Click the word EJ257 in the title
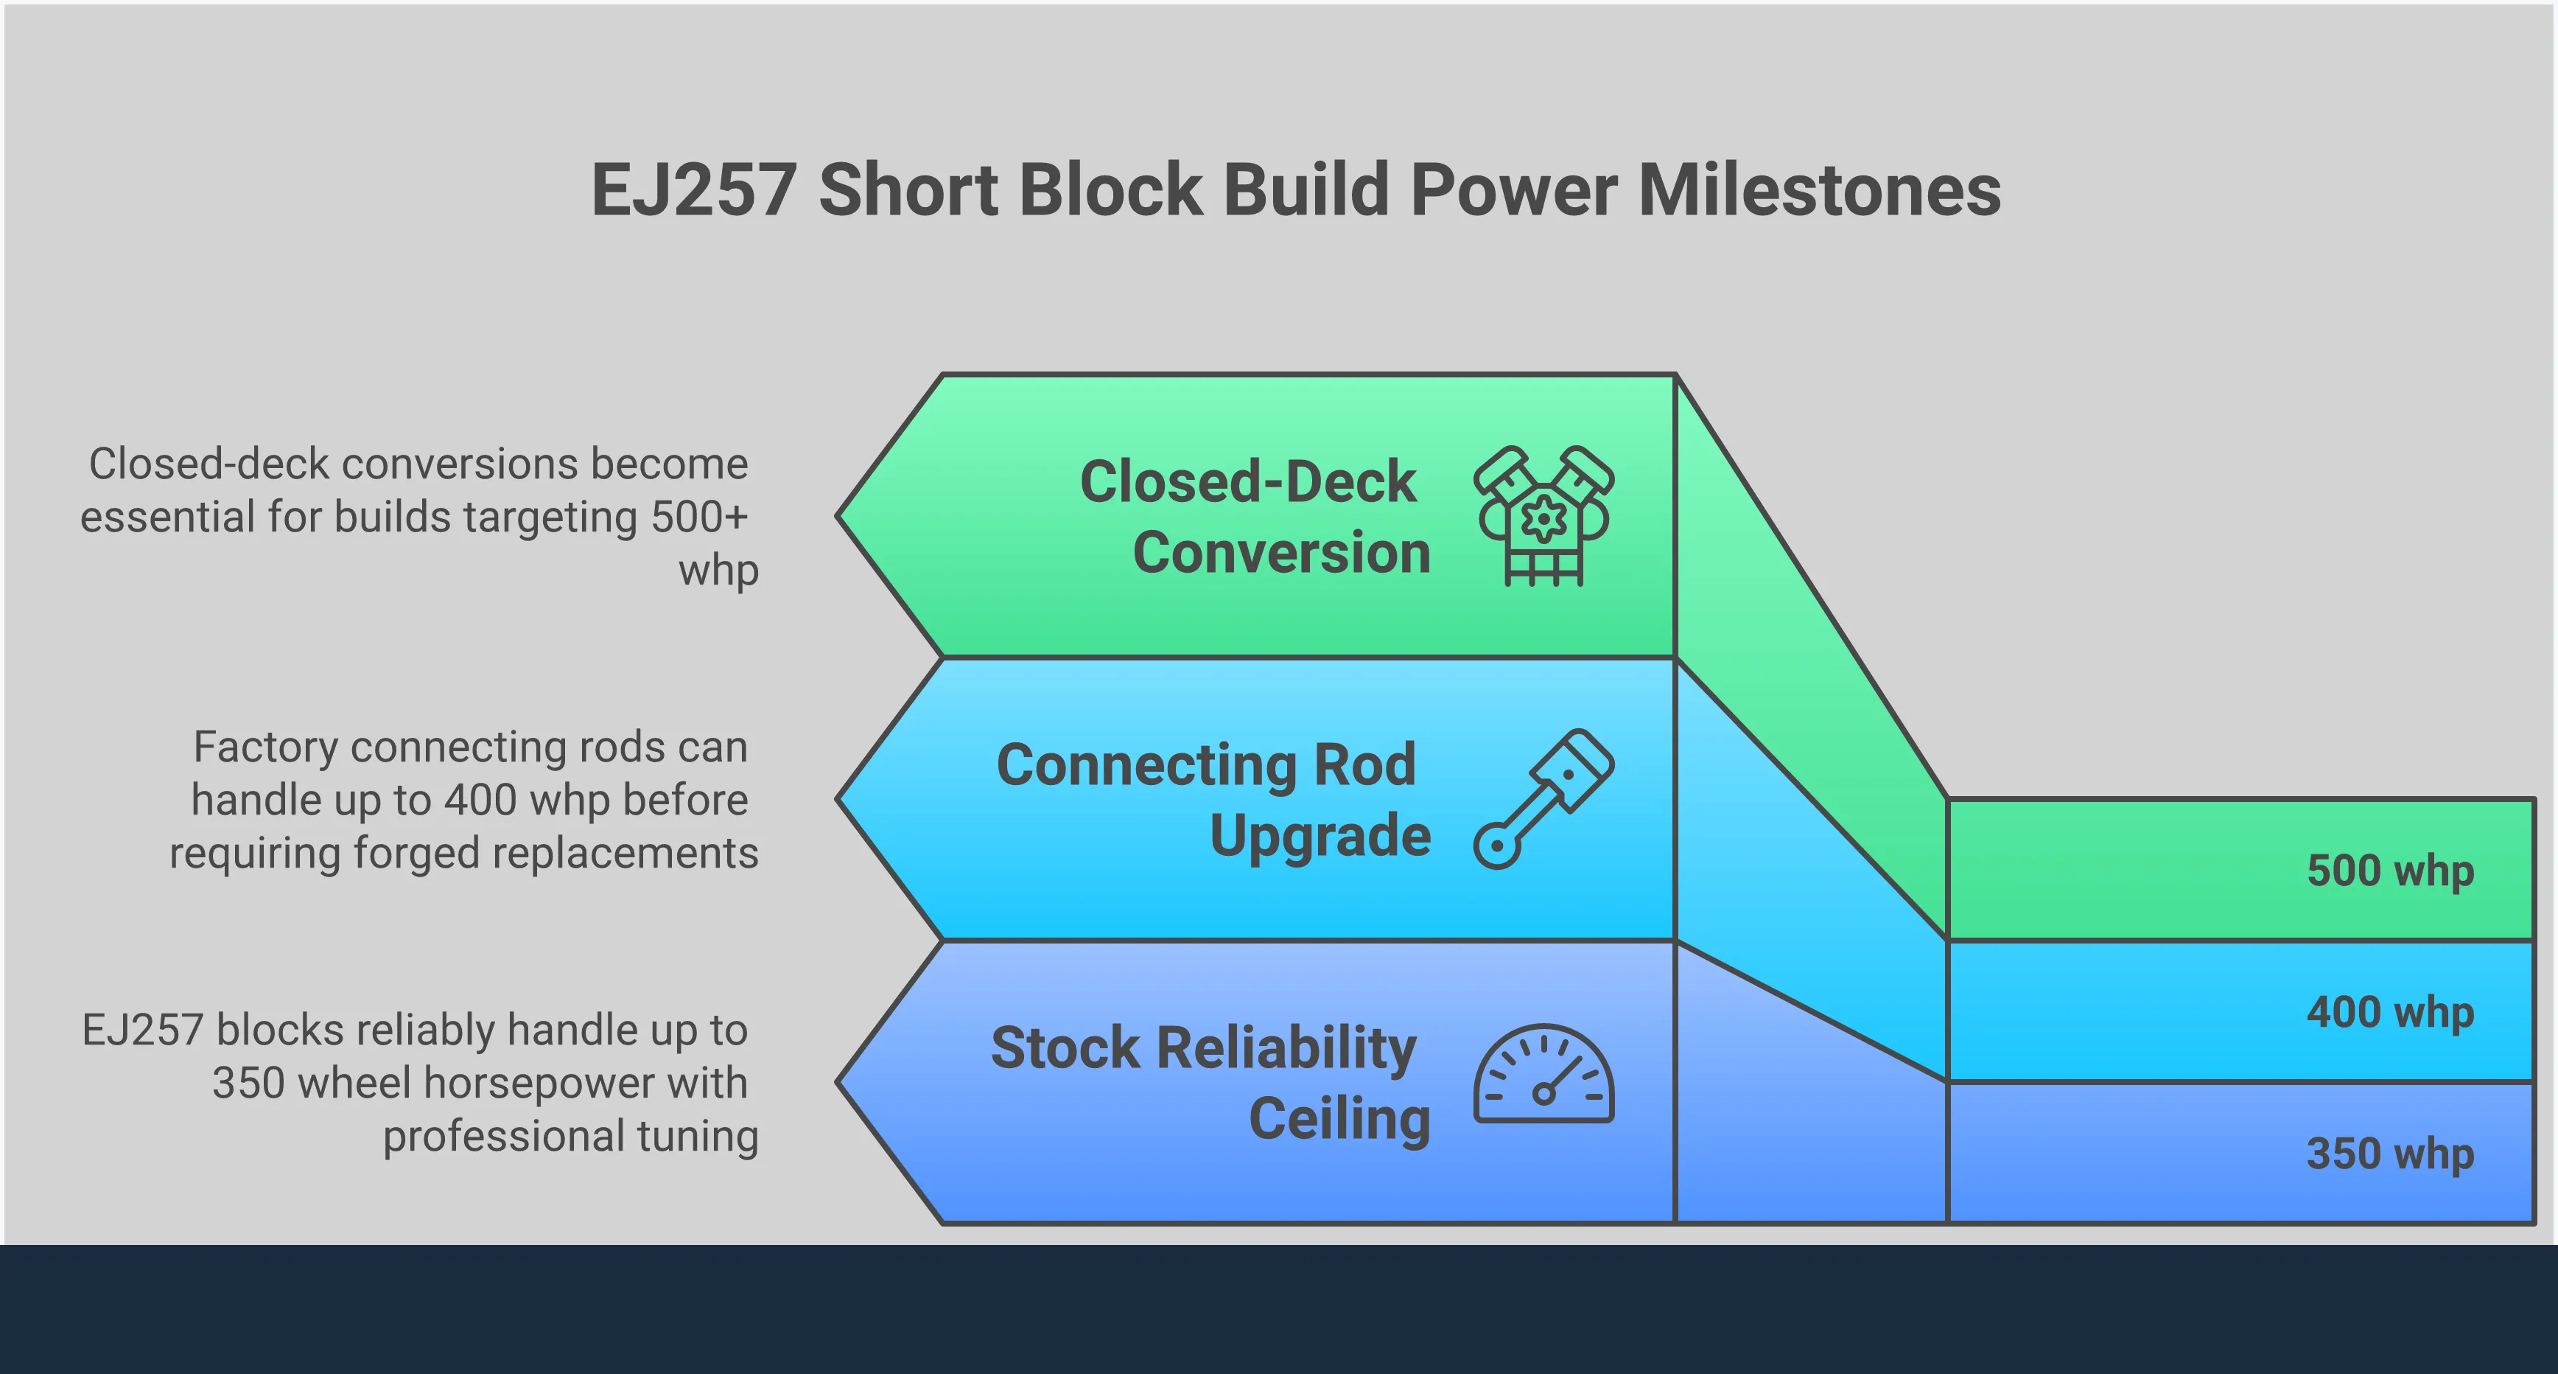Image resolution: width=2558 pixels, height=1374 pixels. (x=693, y=191)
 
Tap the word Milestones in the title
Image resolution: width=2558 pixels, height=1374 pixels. (x=1819, y=191)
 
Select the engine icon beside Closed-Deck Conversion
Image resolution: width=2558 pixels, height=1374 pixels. (x=1543, y=516)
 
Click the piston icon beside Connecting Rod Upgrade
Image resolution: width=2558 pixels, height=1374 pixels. (x=1543, y=799)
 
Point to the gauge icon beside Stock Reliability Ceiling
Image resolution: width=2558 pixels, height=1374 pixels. (x=1543, y=1075)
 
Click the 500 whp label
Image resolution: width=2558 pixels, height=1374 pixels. (x=2389, y=871)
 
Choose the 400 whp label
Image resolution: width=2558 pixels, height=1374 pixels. (x=2389, y=1012)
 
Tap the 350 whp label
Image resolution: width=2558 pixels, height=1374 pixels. (x=2389, y=1154)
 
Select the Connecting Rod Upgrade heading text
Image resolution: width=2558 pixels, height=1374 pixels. (x=1213, y=800)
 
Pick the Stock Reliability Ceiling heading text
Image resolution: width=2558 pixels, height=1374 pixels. (x=1210, y=1083)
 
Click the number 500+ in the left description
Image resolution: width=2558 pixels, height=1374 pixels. (x=698, y=517)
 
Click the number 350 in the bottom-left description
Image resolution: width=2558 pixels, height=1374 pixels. (x=248, y=1083)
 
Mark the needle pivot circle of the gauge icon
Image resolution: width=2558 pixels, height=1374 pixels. (x=1543, y=1094)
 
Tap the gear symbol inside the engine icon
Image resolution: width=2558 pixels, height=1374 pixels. (x=1543, y=519)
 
